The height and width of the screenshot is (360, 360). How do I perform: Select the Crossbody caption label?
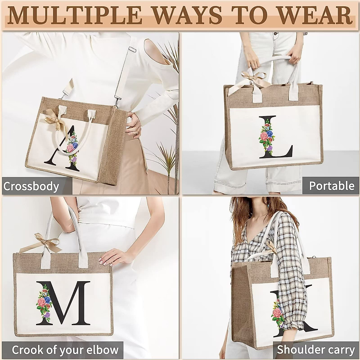pos(31,186)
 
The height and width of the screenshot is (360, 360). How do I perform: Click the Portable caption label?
pos(331,186)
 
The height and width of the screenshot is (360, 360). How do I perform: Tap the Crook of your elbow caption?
pos(65,350)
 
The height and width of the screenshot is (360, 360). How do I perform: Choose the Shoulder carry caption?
pos(316,350)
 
